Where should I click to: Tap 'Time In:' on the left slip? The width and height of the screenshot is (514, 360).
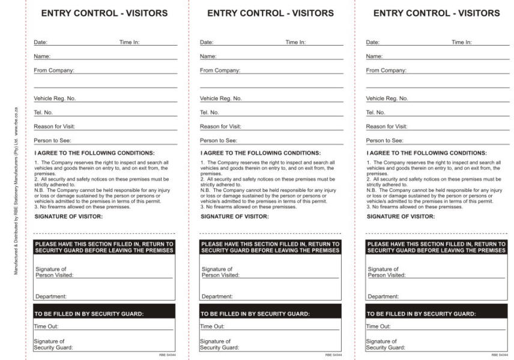pos(129,43)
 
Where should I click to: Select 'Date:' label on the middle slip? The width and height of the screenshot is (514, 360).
pos(206,43)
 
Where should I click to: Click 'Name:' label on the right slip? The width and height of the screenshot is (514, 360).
pos(374,56)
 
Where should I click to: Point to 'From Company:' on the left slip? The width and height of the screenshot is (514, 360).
pos(53,71)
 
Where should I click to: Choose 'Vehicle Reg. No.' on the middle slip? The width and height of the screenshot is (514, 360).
pos(220,98)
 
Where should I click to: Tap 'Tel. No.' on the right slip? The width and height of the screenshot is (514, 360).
pos(376,113)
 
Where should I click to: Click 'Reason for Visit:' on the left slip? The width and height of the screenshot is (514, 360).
pos(54,127)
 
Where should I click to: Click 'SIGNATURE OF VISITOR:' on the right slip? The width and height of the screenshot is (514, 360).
pos(401,217)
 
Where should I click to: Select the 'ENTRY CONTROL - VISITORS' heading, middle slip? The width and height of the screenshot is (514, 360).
pos(270,13)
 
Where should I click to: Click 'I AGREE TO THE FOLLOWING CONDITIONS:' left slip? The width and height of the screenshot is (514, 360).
pos(94,154)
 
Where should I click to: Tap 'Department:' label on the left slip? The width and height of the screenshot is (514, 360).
pos(50,296)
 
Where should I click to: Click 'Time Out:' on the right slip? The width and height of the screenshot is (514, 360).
pos(378,326)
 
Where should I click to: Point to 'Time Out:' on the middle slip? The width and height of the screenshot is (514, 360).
pos(212,326)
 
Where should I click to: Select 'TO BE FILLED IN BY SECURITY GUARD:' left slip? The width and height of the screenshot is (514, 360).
pos(89,314)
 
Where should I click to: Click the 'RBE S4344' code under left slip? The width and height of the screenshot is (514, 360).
pos(167,355)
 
